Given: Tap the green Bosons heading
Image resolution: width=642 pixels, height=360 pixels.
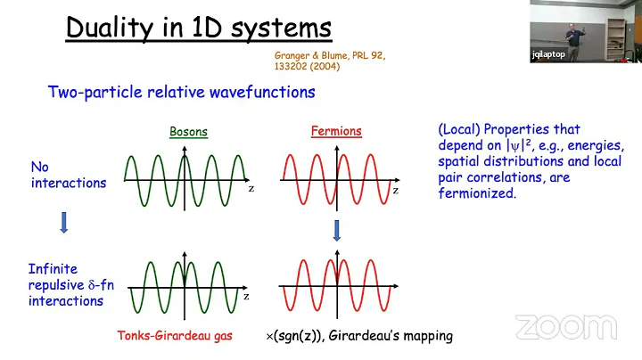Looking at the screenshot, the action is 188,132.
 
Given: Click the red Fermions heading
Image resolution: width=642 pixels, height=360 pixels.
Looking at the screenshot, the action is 336,132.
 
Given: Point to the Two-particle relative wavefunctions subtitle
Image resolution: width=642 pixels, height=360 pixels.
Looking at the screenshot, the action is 181,92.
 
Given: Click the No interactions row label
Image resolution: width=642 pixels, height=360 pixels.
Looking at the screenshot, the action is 69,175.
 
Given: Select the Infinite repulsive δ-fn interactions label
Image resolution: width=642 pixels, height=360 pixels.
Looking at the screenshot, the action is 70,284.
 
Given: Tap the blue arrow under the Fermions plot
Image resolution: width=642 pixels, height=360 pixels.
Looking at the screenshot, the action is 337,231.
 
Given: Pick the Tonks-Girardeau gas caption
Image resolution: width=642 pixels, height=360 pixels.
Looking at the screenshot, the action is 176,336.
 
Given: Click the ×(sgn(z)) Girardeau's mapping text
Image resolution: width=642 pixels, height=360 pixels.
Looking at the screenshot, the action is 359,336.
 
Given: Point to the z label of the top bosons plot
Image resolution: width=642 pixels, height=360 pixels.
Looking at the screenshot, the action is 251,189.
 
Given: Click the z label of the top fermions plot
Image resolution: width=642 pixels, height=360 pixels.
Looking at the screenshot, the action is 395,190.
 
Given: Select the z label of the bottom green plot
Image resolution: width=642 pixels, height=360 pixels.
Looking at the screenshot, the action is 246,296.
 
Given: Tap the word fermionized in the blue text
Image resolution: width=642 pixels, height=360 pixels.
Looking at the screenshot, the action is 477,193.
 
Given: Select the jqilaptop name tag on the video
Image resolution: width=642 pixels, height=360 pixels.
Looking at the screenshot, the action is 547,54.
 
